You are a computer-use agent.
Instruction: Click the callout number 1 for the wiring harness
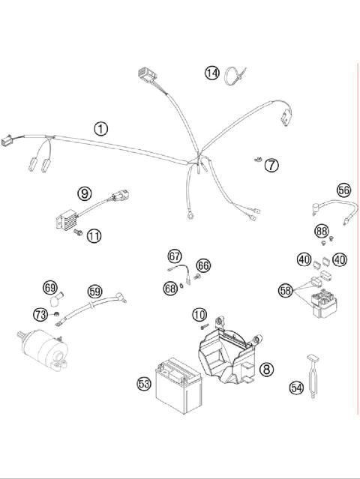coord(100,128)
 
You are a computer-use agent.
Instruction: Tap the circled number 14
coord(212,73)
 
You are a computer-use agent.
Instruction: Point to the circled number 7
coord(271,164)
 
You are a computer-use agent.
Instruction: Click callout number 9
coord(85,193)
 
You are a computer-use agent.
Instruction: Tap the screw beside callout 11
coord(76,235)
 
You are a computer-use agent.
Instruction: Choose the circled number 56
coord(343,190)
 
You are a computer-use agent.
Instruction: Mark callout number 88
coord(322,232)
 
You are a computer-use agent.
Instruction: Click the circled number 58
coord(284,290)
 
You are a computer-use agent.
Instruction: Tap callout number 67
coord(175,256)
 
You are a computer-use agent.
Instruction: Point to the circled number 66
coord(203,265)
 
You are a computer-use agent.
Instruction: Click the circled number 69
coord(50,287)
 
